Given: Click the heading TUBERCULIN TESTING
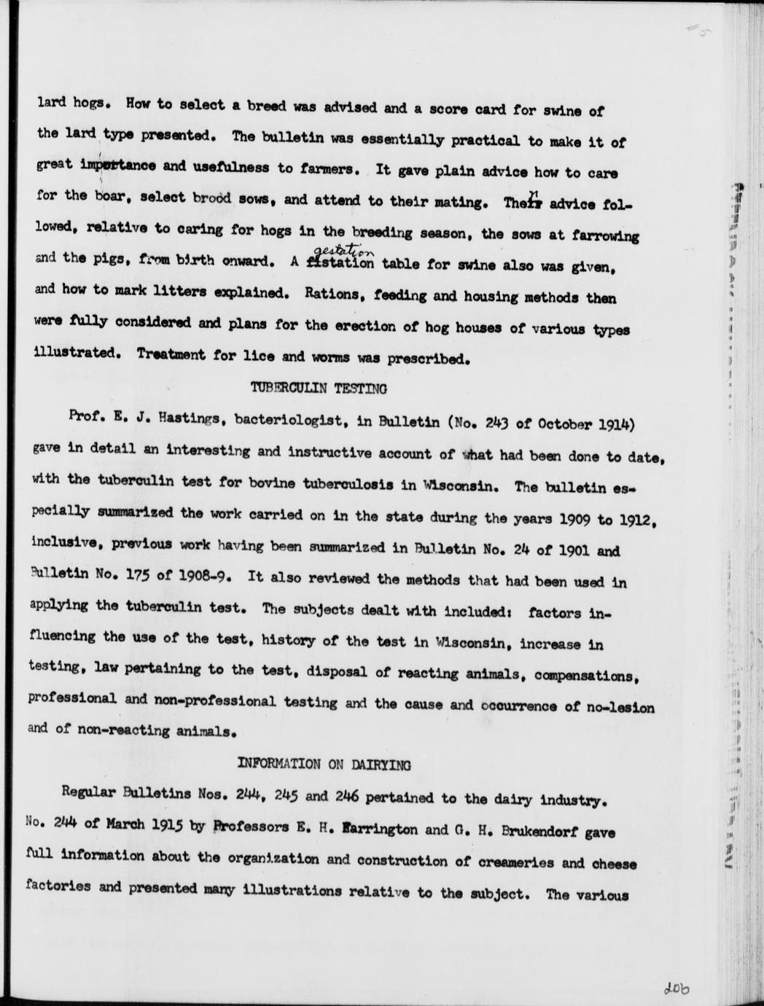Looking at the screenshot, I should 319,389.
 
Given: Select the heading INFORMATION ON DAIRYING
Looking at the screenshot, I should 324,765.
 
